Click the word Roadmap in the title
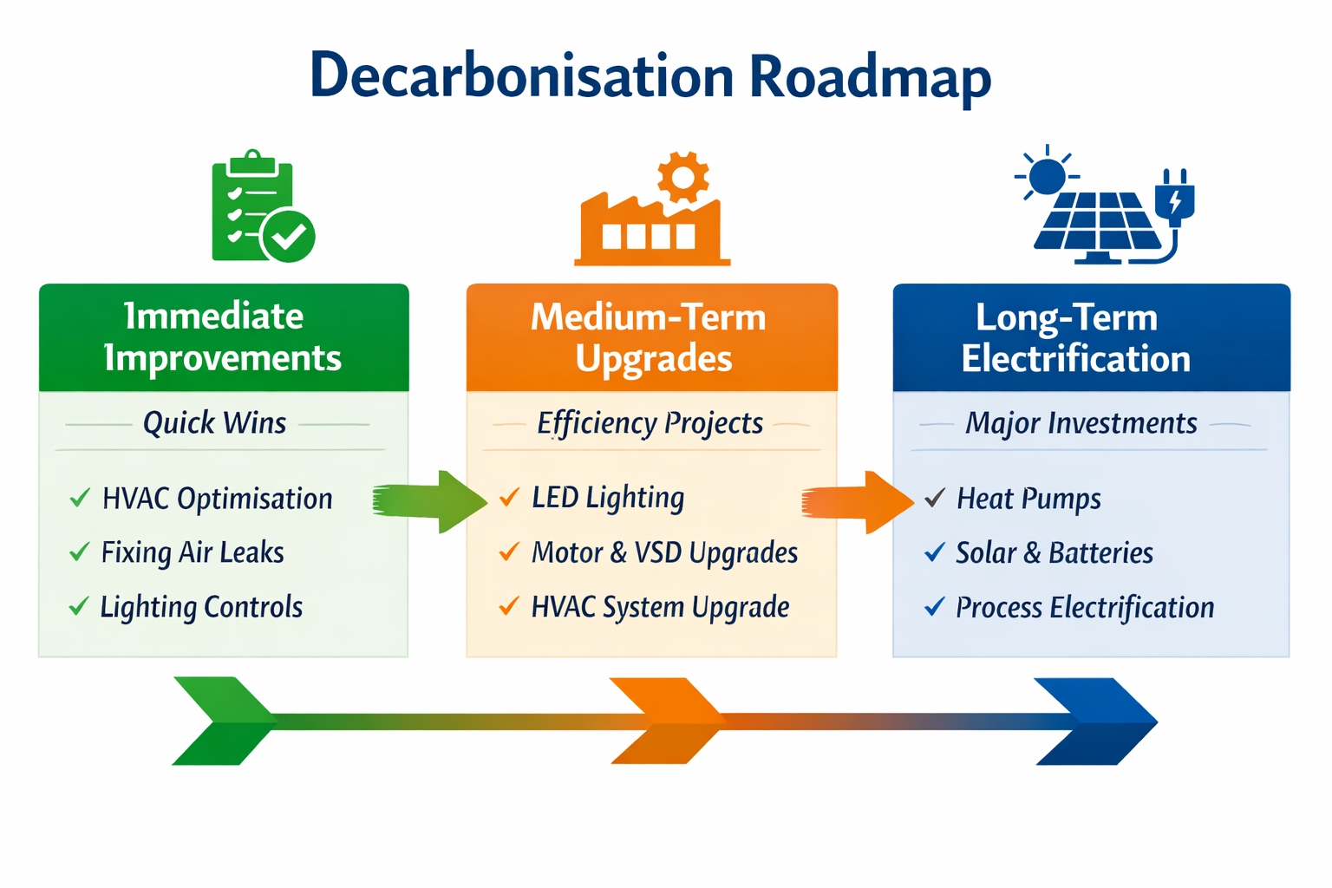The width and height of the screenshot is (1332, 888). click(869, 76)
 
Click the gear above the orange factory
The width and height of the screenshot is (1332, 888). click(682, 177)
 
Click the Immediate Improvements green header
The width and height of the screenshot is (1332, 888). click(224, 337)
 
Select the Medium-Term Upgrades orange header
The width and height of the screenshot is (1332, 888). click(651, 337)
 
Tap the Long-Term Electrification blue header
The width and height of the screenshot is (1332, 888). click(1091, 337)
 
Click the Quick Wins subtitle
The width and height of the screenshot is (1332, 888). click(214, 423)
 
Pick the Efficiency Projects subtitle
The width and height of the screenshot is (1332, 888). click(650, 423)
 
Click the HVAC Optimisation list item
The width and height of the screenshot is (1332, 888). click(217, 499)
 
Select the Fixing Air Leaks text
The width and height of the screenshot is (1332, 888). click(193, 552)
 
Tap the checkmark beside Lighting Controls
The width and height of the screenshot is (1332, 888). click(79, 606)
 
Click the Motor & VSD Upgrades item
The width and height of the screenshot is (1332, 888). click(664, 552)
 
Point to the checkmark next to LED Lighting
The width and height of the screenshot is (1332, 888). click(510, 498)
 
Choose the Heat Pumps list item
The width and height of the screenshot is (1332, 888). click(1028, 499)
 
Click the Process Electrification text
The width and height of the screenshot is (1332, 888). click(1084, 607)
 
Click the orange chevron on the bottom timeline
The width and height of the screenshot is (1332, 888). click(666, 721)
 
